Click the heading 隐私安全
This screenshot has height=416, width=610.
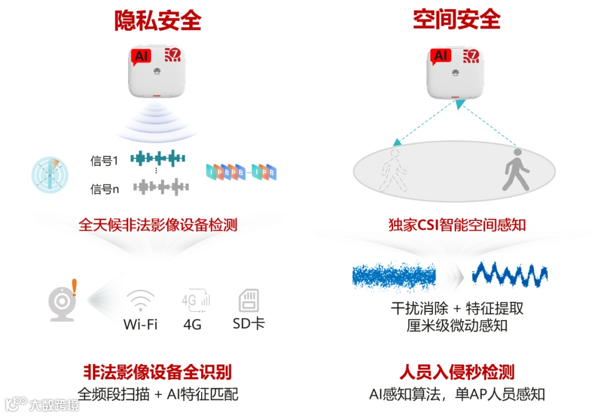[x=158, y=21]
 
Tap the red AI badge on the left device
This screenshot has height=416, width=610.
[x=141, y=56]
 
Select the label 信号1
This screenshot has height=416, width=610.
[x=104, y=161]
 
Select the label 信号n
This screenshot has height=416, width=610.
[x=104, y=189]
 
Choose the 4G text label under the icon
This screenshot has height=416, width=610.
[x=192, y=324]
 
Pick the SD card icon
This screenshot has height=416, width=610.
[x=249, y=300]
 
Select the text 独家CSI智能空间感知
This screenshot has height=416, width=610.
[x=457, y=225]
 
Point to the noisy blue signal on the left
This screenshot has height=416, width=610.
[x=394, y=276]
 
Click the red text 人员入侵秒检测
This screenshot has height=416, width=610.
[x=457, y=372]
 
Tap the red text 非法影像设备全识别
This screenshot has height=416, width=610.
[x=158, y=372]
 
